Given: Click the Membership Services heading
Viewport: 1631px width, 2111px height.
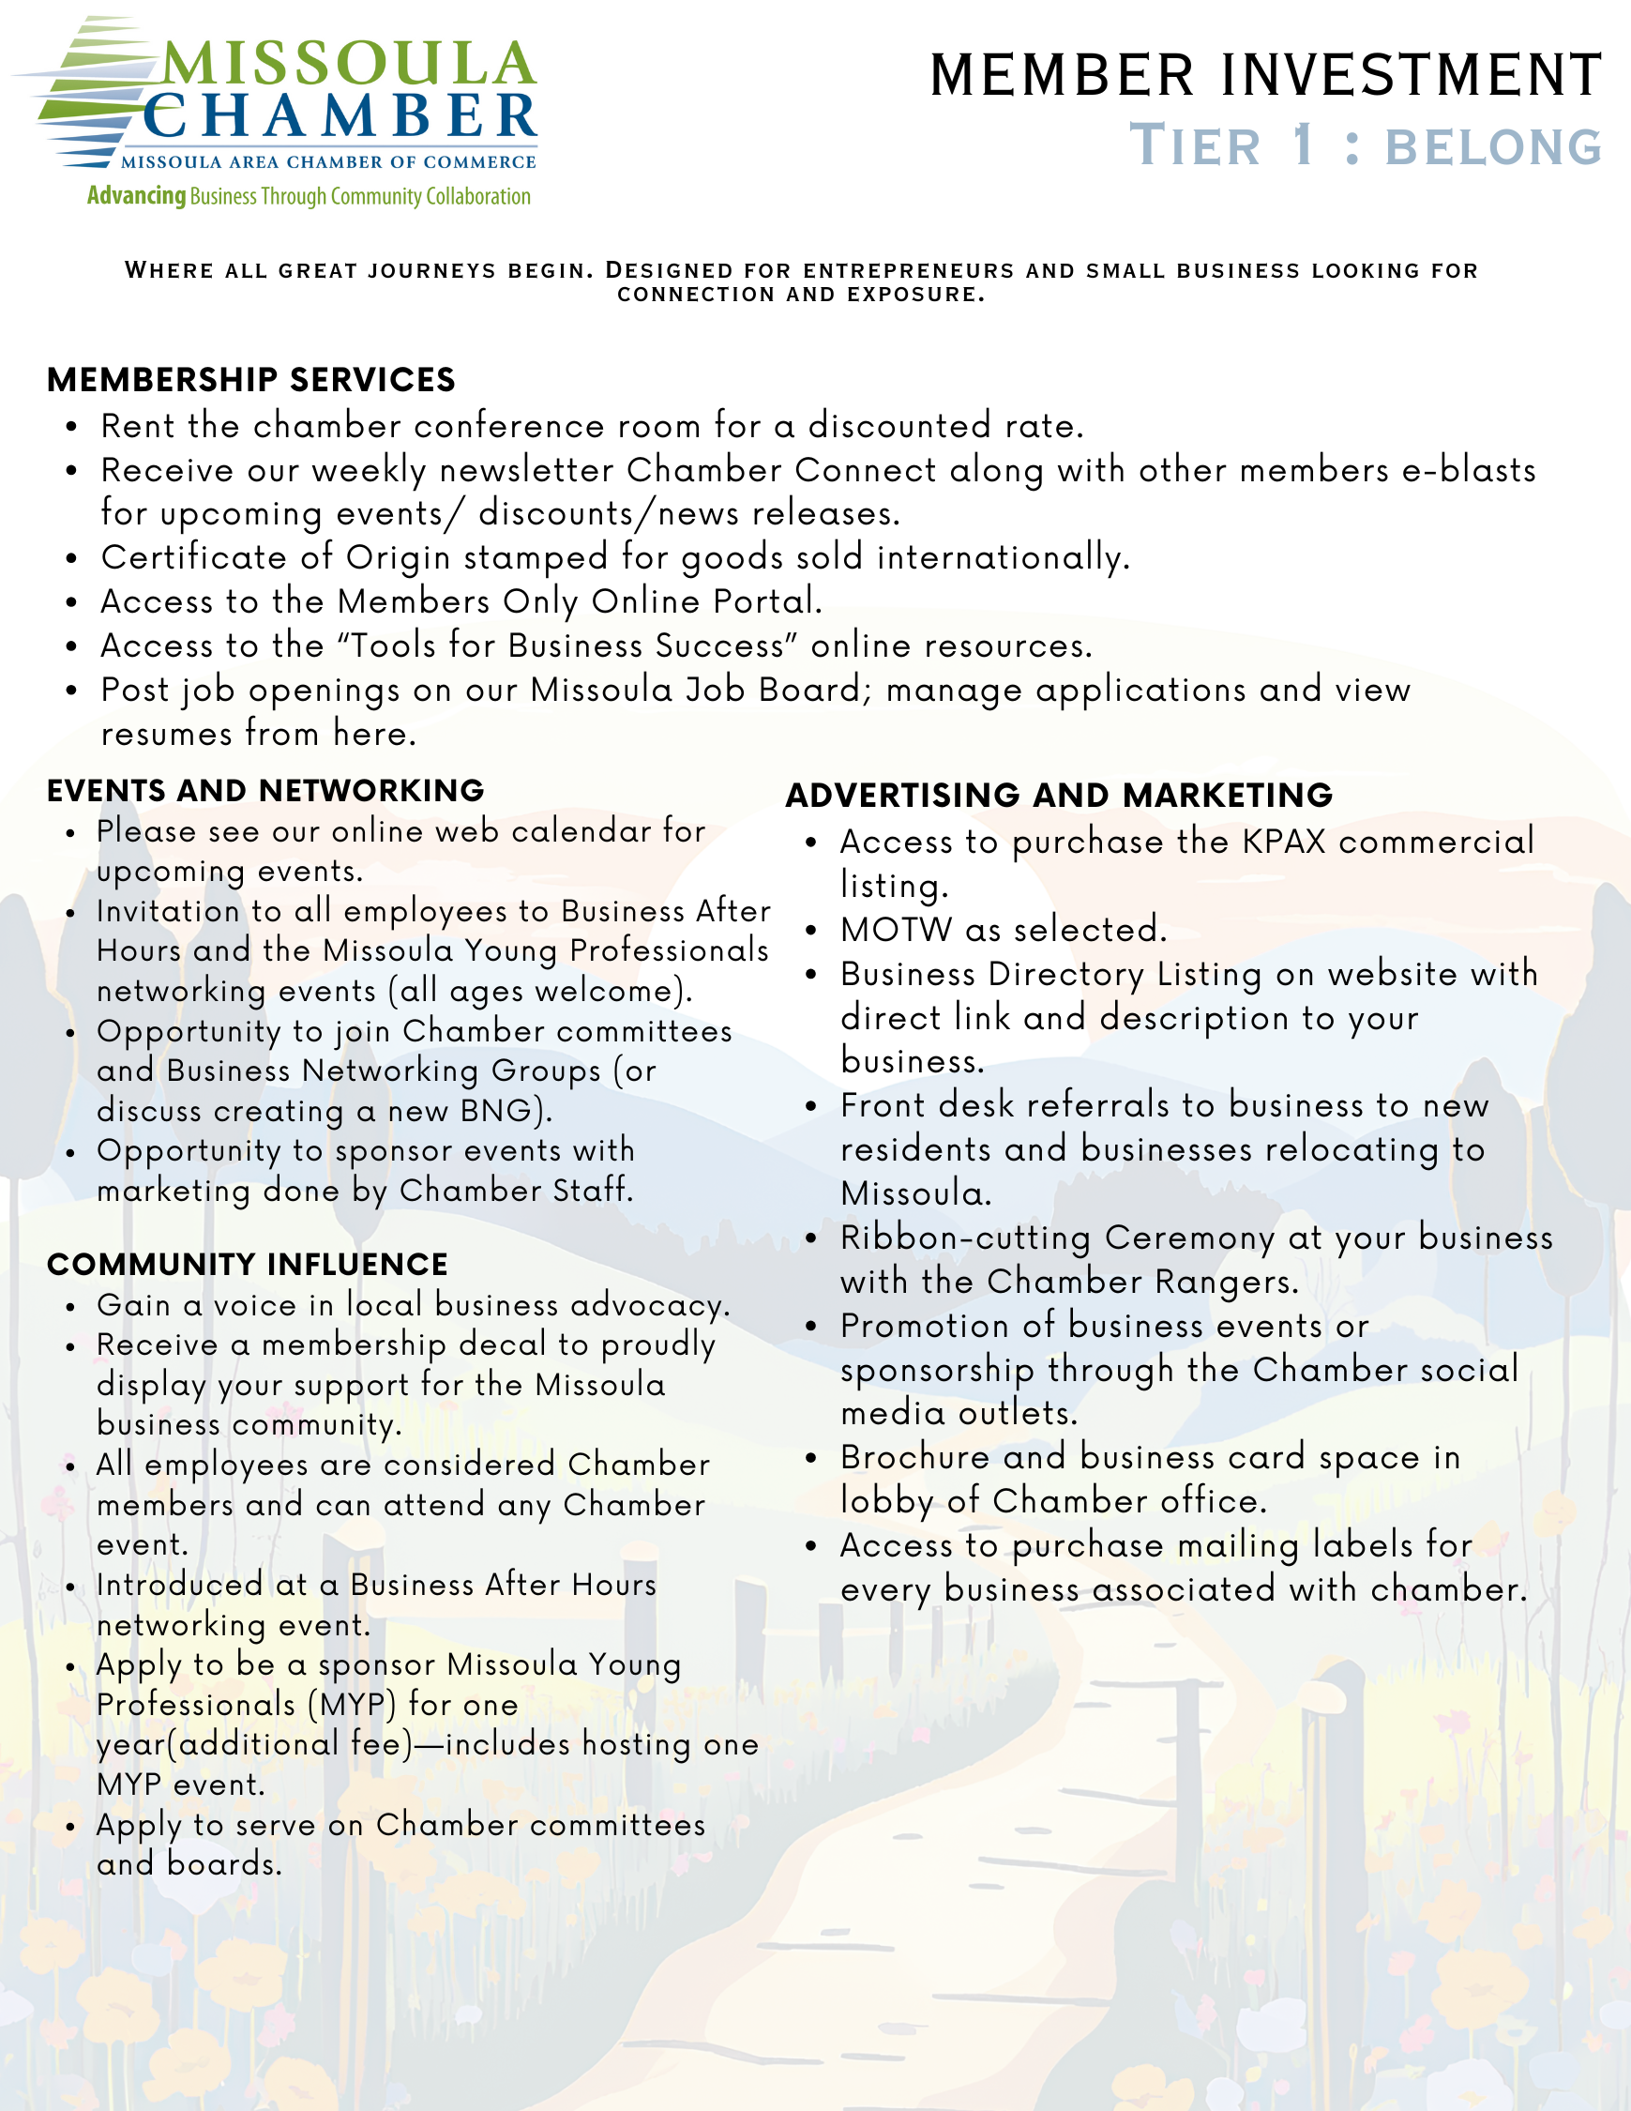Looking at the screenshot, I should coord(250,380).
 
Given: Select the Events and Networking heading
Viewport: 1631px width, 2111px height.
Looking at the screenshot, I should coord(264,791).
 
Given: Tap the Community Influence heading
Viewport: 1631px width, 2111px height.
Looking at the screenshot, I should coord(247,1265).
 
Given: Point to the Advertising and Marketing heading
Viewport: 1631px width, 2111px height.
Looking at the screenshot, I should coord(1059,796).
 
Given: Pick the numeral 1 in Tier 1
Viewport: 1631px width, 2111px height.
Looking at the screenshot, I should coord(1304,145).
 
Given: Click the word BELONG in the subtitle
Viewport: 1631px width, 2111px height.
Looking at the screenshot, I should coord(1494,148).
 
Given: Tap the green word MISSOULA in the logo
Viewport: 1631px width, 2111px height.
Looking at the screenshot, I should coord(348,64).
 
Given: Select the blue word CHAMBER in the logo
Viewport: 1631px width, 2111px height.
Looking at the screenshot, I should coord(340,118).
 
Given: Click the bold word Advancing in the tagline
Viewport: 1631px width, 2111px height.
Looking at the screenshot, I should coord(136,196).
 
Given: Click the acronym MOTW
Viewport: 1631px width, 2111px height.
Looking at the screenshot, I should coord(896,930).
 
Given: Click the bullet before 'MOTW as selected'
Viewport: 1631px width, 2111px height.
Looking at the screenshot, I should coord(811,931).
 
